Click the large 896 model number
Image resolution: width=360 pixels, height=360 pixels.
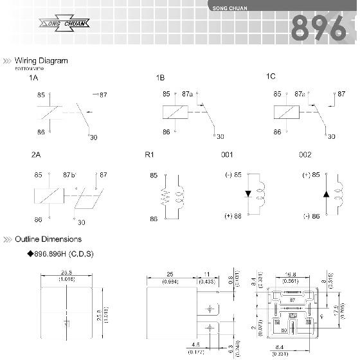[x=319, y=28]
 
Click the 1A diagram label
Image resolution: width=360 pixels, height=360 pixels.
[x=33, y=78]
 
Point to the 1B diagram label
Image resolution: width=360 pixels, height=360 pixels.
[x=160, y=78]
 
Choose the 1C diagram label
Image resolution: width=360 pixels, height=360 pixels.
[x=271, y=76]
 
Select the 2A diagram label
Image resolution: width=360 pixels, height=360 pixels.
[x=35, y=156]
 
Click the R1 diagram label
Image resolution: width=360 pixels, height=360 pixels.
[x=150, y=155]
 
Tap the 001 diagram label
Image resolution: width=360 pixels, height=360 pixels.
[x=227, y=155]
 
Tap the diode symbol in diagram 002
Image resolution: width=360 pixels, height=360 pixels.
[x=326, y=194]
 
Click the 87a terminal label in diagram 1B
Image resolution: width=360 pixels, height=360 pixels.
[x=187, y=94]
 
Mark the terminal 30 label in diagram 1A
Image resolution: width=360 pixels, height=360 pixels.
[x=94, y=137]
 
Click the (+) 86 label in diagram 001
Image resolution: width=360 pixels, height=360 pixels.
[x=232, y=216]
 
